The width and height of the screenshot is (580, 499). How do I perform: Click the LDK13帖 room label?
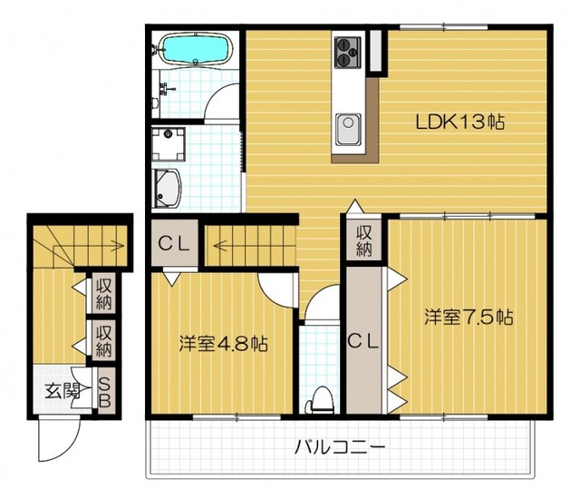[x=459, y=122]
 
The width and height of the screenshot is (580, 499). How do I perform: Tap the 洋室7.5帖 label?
[x=469, y=317]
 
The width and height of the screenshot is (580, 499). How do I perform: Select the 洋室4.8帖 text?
[x=224, y=344]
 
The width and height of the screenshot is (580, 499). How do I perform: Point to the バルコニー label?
[x=340, y=446]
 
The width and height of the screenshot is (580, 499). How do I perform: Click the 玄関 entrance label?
[x=63, y=391]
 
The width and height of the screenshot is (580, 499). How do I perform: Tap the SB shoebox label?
[x=105, y=393]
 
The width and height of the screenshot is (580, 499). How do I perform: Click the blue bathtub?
[x=196, y=49]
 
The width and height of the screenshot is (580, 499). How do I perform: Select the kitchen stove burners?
[x=347, y=53]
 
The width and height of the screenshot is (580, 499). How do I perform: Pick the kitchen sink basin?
[x=348, y=130]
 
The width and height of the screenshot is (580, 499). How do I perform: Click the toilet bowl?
[x=321, y=400]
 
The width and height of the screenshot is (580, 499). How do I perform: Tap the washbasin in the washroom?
[x=168, y=189]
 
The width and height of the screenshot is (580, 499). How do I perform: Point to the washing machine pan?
[x=169, y=144]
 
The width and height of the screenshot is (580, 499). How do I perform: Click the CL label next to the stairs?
[x=174, y=243]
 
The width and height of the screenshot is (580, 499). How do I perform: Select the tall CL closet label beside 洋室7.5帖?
[x=362, y=341]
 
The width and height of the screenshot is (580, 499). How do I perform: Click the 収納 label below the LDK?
[x=363, y=241]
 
